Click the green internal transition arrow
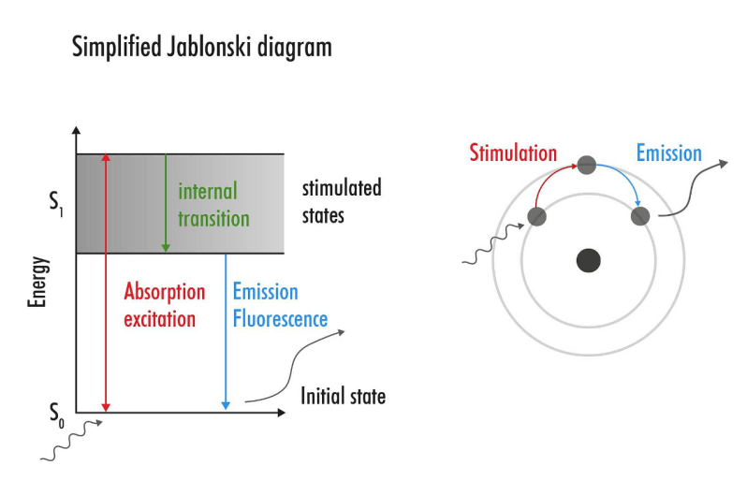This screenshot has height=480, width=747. coord(166,202)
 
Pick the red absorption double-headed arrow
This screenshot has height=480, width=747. coord(105,281)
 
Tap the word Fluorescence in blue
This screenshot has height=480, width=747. coord(281,318)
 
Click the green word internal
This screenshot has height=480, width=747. coord(208,192)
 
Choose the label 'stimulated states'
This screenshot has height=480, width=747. coord(341,201)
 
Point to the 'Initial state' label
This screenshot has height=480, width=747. coord(343,397)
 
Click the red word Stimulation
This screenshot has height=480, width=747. coord(513,153)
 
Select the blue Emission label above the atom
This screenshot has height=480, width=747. coord(668,153)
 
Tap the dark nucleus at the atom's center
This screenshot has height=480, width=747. coord(588,260)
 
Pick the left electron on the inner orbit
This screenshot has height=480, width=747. coord(536,217)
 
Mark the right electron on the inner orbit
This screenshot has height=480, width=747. coord(639,216)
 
